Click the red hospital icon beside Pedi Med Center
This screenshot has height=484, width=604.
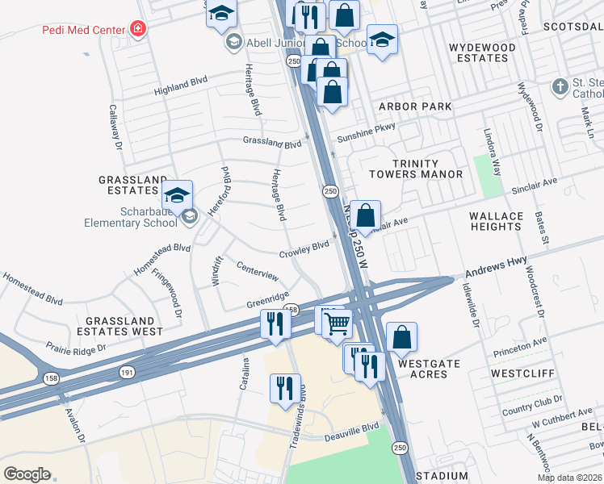(139, 30)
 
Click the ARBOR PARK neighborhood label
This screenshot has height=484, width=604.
(415, 106)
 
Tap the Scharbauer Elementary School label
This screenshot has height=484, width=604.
(136, 216)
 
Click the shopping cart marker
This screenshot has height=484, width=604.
(338, 323)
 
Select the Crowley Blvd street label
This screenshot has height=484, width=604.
(304, 249)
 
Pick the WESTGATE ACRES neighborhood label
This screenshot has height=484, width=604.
(429, 369)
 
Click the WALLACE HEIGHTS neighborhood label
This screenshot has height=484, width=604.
(496, 221)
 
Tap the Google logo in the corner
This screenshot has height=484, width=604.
(27, 474)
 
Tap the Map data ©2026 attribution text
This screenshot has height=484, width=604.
(568, 478)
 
